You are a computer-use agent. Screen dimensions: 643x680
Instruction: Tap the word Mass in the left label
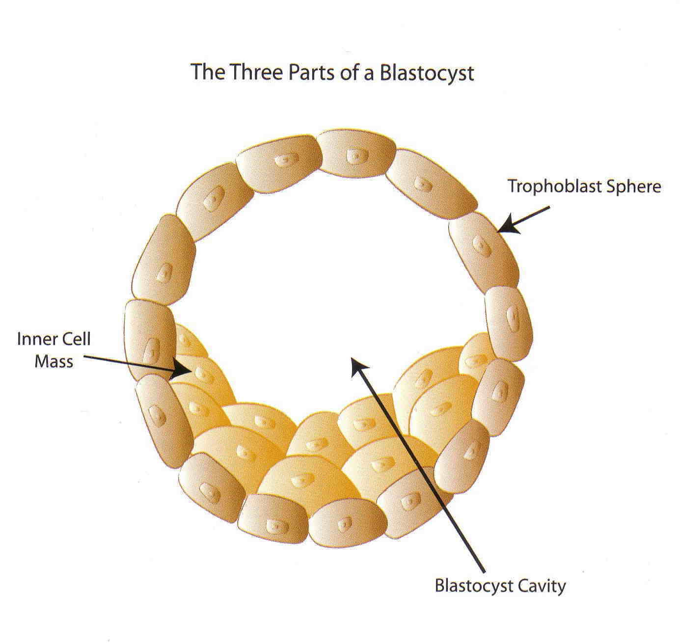[54, 362]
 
